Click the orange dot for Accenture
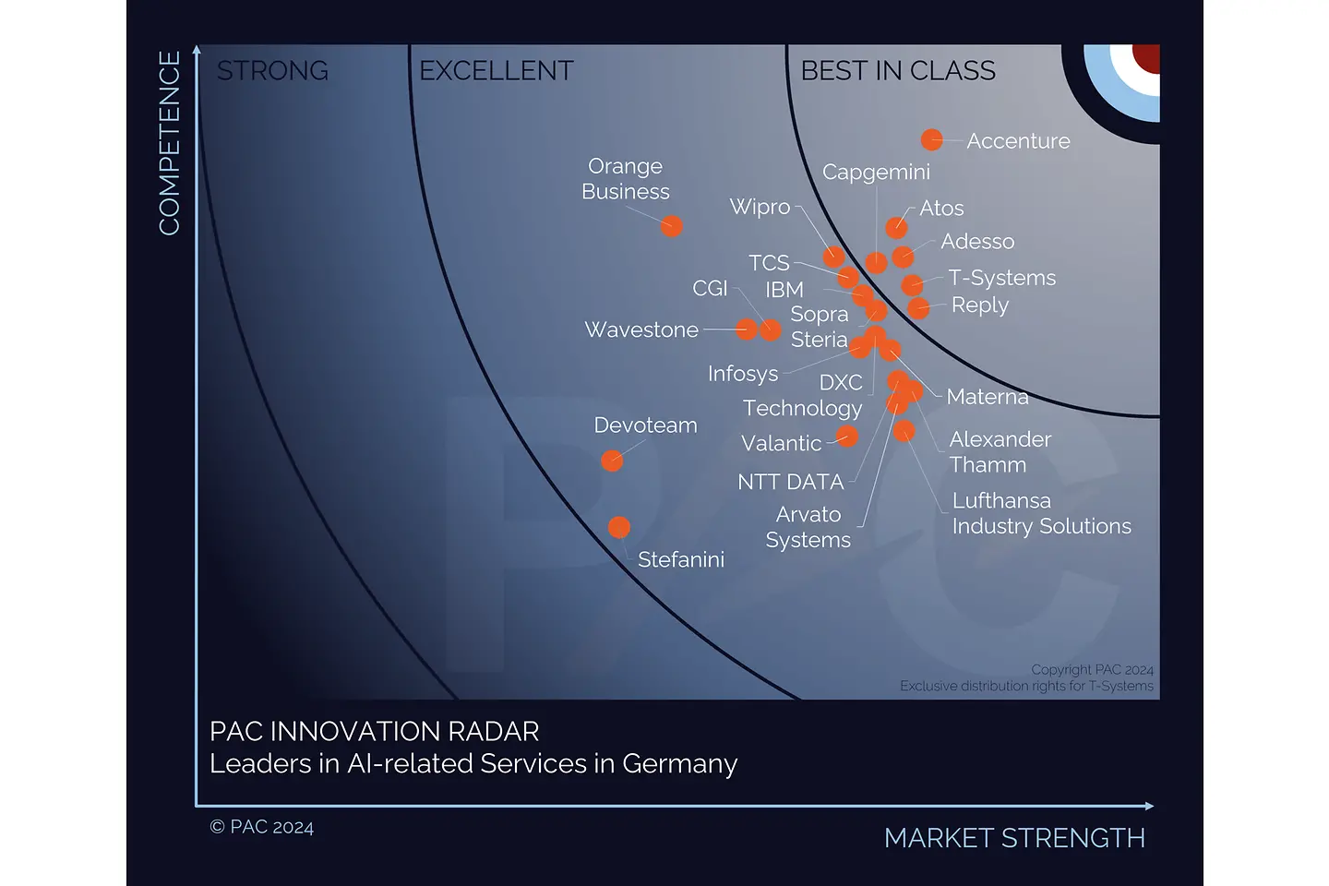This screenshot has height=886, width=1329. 931,139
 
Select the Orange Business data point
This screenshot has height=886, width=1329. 672,226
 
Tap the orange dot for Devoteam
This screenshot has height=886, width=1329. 612,461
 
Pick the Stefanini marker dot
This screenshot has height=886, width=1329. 619,527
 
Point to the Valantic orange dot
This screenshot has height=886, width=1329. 847,437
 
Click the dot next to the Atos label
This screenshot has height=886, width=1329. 896,227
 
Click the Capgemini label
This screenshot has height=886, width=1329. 876,172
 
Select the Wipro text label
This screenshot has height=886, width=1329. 760,207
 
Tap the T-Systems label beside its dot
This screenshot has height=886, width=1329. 1001,278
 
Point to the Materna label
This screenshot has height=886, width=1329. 987,397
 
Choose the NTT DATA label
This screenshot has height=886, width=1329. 790,482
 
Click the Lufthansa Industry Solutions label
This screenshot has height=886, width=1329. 1041,513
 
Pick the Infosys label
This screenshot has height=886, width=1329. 743,374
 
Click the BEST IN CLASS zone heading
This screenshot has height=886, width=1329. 898,71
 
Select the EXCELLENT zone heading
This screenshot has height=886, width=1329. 496,71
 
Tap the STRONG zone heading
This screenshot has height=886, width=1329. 272,71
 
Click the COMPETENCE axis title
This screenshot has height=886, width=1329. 170,143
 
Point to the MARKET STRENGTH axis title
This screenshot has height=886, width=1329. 1014,838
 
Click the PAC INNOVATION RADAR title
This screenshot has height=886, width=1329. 374,731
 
